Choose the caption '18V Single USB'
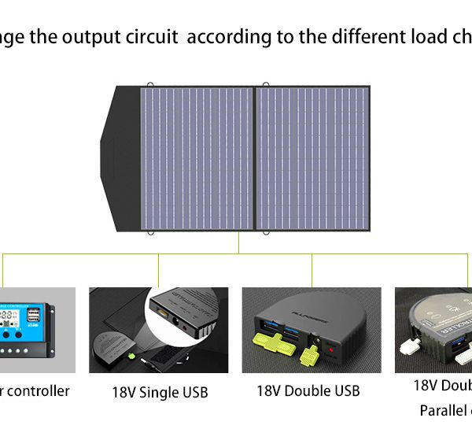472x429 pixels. (x=159, y=391)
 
